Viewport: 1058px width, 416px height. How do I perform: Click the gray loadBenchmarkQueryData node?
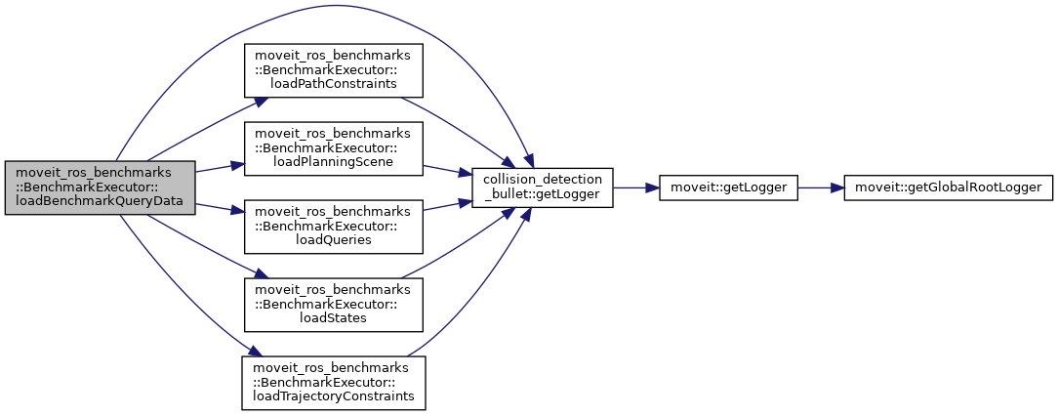tap(100, 187)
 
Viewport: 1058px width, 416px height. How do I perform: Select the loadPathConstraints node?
tap(333, 69)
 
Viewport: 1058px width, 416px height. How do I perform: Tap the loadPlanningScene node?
tap(333, 148)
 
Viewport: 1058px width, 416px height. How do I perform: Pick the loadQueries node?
tap(333, 227)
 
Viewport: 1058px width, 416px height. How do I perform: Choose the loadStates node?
tap(333, 305)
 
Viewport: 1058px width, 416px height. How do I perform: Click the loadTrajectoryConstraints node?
tap(333, 383)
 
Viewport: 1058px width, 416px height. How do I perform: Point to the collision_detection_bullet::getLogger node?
tap(542, 187)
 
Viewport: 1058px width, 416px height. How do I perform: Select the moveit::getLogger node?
tap(728, 187)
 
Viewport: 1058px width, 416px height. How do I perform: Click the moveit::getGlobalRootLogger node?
tap(948, 187)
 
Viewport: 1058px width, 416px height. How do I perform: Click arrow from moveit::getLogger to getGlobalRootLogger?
tap(820, 187)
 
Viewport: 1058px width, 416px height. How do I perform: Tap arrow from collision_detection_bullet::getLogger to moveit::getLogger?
tap(635, 187)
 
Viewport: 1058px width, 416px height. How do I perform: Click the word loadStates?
tap(333, 318)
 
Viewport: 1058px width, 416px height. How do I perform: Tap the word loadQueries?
tap(333, 240)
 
